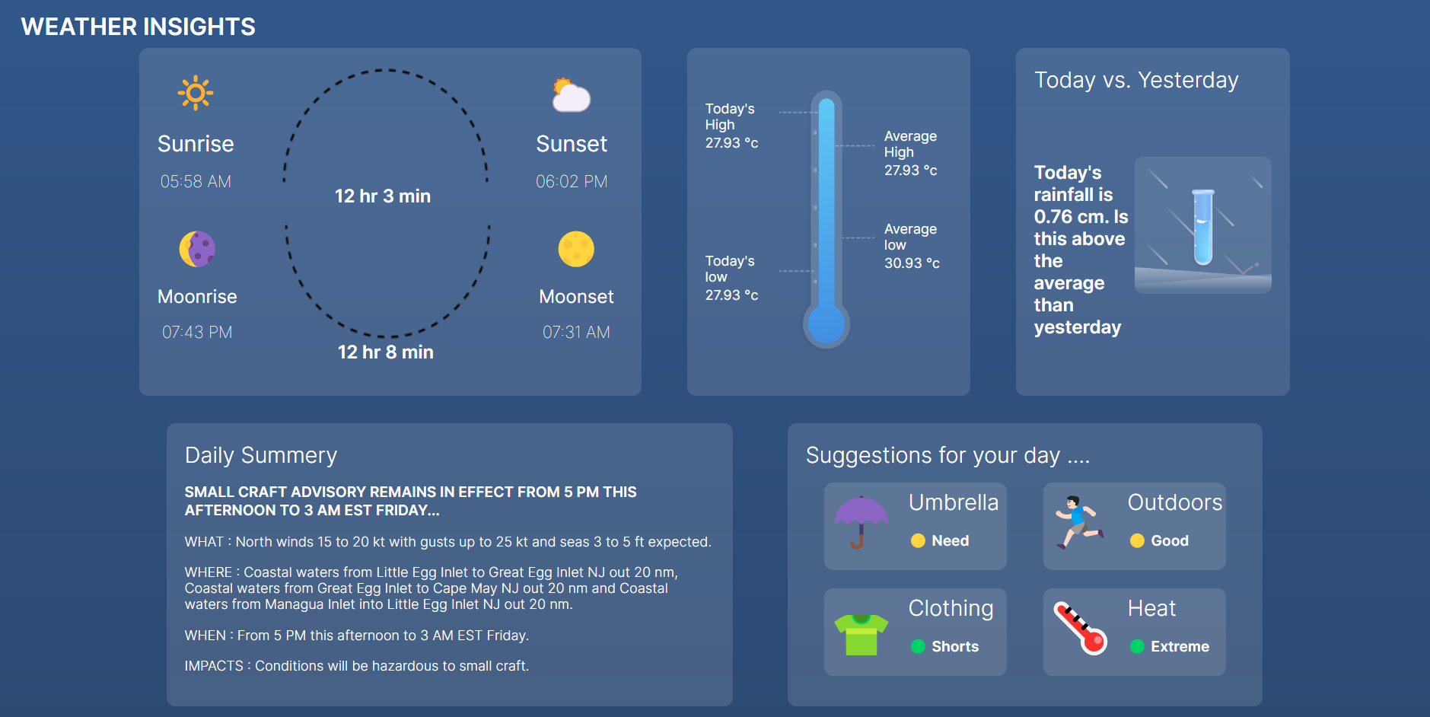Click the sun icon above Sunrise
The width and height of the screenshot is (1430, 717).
(196, 93)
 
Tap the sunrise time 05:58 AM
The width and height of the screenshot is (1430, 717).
(196, 181)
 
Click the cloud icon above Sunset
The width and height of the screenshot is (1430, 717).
(571, 96)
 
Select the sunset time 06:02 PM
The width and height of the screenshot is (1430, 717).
(572, 181)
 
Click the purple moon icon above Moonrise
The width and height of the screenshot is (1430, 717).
(197, 249)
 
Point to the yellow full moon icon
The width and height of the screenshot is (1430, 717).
(576, 249)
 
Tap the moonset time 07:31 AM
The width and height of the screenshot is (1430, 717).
(576, 332)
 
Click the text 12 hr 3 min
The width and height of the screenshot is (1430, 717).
(383, 196)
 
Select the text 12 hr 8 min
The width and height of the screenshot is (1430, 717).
(386, 352)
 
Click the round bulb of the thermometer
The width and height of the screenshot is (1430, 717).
(826, 325)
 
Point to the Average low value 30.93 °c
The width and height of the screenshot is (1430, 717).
(912, 263)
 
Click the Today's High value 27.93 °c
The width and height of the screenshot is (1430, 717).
(731, 143)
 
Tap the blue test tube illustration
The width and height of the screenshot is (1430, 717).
(1202, 226)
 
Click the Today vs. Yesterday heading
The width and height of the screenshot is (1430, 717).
(1136, 80)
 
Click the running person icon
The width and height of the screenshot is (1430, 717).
(1079, 522)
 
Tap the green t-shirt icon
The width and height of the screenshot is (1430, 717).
(861, 634)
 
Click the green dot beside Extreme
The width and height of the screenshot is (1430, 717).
(1137, 646)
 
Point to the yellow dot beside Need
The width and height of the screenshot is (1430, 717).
(918, 540)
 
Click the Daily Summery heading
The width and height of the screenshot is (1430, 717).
(261, 455)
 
